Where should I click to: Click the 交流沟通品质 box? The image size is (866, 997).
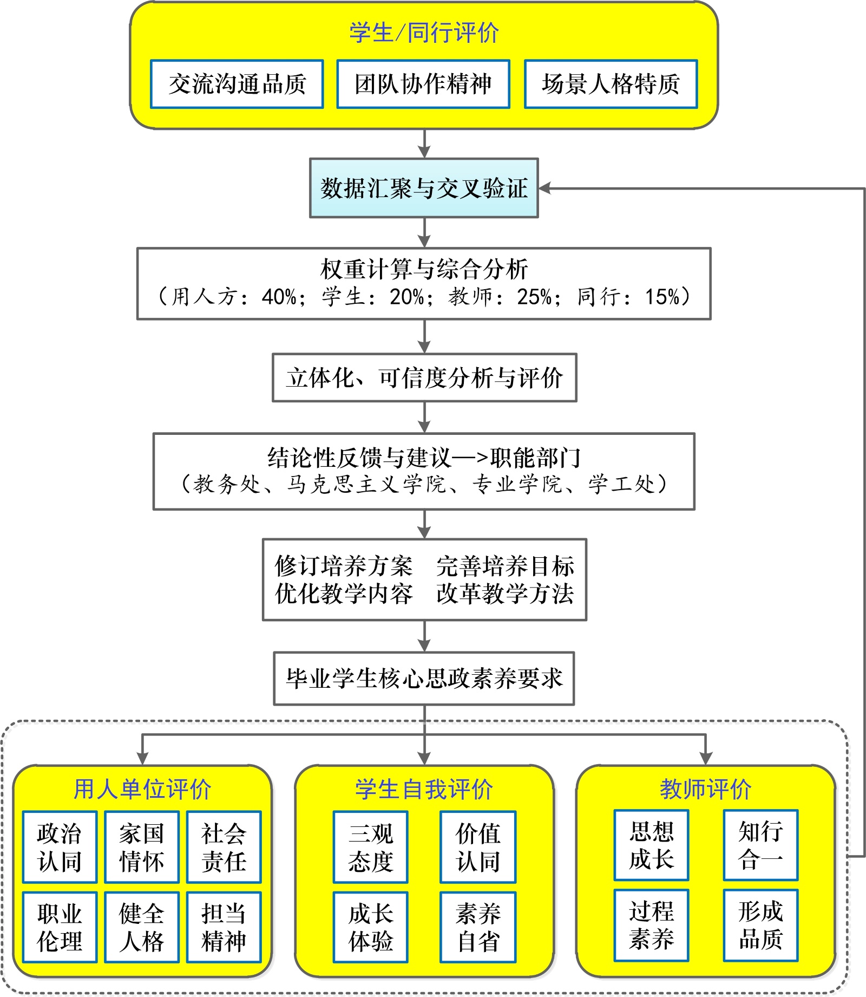[x=237, y=84]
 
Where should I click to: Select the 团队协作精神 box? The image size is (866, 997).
[x=423, y=84]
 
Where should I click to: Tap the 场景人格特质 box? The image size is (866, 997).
[x=611, y=84]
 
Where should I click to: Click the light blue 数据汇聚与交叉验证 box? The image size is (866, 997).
[x=424, y=188]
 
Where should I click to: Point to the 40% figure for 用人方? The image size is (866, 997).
[x=279, y=297]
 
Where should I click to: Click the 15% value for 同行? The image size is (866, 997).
[x=662, y=297]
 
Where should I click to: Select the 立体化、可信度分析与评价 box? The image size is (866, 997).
[x=424, y=377]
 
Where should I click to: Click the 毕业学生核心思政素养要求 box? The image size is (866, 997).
[x=424, y=678]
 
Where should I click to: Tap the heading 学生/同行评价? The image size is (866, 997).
[x=424, y=32]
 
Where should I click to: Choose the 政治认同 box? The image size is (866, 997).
[x=60, y=847]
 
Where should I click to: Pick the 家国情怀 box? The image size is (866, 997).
[x=142, y=847]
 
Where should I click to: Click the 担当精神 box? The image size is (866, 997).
[x=224, y=927]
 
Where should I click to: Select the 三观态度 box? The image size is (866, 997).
[x=371, y=847]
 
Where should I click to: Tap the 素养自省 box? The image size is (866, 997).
[x=478, y=927]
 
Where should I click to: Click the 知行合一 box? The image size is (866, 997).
[x=760, y=845]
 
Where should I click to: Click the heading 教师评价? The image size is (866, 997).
[x=705, y=789]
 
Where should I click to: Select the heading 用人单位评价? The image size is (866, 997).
[x=142, y=789]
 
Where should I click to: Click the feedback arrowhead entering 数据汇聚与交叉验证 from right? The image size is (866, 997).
[x=544, y=188]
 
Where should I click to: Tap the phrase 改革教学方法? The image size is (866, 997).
[x=505, y=594]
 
